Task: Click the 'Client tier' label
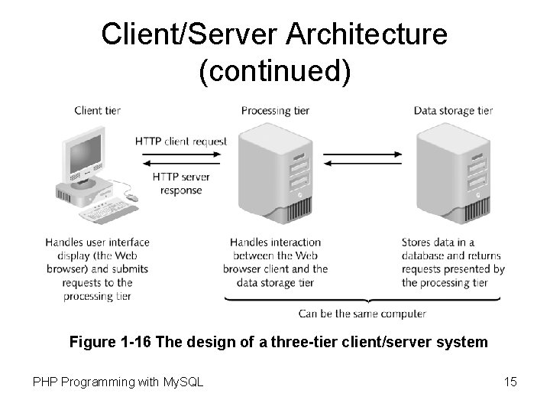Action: [97, 110]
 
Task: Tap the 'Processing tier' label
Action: [275, 110]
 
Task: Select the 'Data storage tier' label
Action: [453, 110]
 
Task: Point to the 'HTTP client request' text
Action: [181, 141]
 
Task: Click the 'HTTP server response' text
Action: [181, 184]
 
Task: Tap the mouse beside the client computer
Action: [131, 198]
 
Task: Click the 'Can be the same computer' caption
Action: [362, 314]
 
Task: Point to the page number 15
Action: [510, 381]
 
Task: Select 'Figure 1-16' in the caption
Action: [109, 342]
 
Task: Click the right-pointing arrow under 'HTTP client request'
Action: [181, 154]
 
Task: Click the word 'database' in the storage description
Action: [425, 255]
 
